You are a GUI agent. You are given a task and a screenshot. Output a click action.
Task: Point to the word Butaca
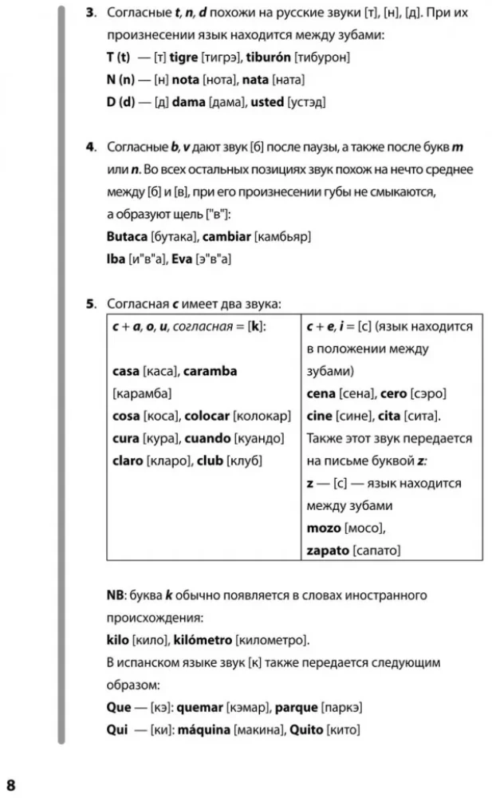pyautogui.click(x=127, y=236)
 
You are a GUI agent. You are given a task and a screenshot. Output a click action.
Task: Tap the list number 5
pyautogui.click(x=91, y=303)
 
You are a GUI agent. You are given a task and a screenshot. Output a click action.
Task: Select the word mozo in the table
pyautogui.click(x=324, y=527)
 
